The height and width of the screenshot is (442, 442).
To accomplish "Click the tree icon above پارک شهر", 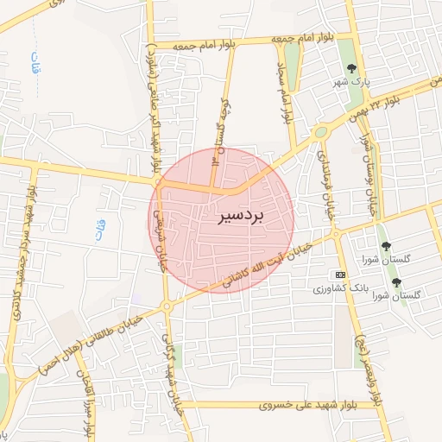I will [351, 68].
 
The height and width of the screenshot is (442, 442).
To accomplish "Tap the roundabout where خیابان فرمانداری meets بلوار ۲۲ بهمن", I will [321, 132].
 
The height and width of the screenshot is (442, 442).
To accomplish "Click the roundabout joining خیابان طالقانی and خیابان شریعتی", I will [167, 306].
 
